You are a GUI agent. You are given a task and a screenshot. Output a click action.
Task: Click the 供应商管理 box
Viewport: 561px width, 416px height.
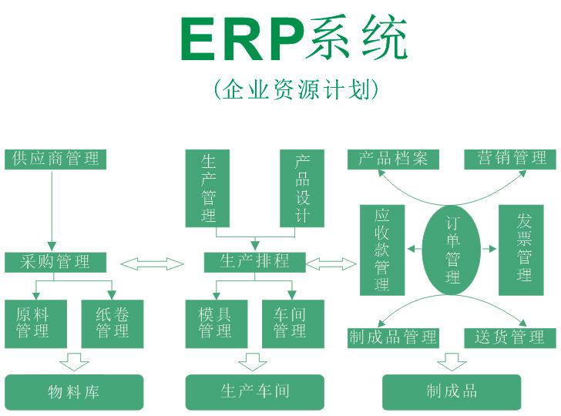point(55,159)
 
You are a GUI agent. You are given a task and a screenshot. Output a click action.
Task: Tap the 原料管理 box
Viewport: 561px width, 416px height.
point(36,323)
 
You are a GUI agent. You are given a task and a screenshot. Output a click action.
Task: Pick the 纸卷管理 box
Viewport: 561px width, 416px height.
point(112,323)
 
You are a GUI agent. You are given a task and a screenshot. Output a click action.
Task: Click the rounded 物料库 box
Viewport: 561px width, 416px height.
point(74,391)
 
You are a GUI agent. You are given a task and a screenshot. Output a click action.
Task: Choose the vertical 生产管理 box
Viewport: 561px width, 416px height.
point(209,188)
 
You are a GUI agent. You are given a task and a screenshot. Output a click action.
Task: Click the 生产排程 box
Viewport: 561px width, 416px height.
point(255,262)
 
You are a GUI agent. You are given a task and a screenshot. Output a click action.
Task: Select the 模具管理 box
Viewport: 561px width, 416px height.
point(216,323)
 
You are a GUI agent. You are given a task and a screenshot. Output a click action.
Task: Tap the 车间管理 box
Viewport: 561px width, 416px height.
point(290,323)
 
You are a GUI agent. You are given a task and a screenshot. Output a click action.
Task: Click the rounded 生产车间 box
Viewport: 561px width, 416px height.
point(255,391)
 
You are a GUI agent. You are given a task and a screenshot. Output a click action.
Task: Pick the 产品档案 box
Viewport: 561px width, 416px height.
point(393,159)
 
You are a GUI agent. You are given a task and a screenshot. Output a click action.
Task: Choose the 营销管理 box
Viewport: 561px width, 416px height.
point(511,159)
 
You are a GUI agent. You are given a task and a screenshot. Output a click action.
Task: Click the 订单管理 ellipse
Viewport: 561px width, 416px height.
point(452,250)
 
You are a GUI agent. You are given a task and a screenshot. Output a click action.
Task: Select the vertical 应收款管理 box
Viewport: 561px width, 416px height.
point(382,250)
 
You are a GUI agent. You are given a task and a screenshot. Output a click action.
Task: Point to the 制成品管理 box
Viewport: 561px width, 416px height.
point(393,337)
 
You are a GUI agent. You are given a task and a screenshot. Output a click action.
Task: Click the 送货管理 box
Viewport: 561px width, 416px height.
point(510,337)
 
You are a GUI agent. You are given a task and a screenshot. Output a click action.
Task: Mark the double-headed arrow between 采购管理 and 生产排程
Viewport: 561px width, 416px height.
point(152,264)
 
